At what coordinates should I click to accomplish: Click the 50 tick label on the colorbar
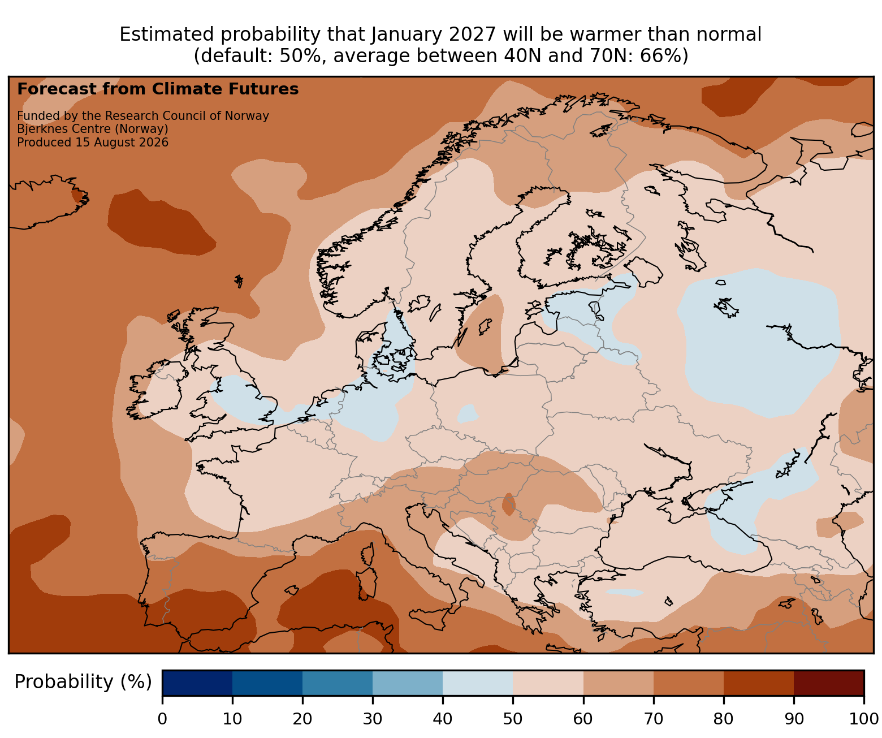pyautogui.click(x=512, y=719)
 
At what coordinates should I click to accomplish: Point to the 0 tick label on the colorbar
pyautogui.click(x=162, y=719)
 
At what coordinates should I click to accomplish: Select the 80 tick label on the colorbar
pyautogui.click(x=723, y=719)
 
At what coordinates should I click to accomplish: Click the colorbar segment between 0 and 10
pyautogui.click(x=197, y=683)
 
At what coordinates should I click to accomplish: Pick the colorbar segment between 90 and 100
pyautogui.click(x=829, y=683)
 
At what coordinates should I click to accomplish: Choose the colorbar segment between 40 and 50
pyautogui.click(x=478, y=683)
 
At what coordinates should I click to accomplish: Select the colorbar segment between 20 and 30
pyautogui.click(x=338, y=683)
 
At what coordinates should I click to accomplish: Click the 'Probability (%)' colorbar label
pyautogui.click(x=83, y=682)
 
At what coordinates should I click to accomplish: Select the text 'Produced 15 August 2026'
pyautogui.click(x=93, y=143)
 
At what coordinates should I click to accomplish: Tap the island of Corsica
pyautogui.click(x=369, y=554)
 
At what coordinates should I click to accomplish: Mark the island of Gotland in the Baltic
pyautogui.click(x=485, y=326)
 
